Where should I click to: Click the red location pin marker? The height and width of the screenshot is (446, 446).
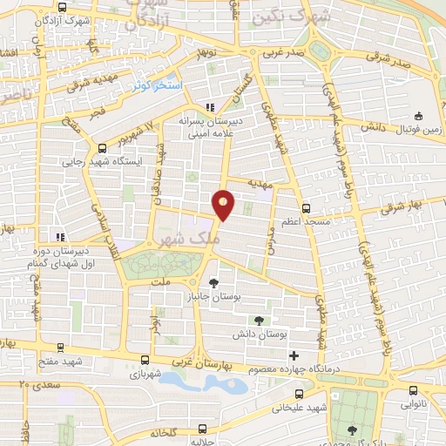pyautogui.click(x=225, y=205)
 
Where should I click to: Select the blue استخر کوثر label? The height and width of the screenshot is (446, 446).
pyautogui.click(x=158, y=87)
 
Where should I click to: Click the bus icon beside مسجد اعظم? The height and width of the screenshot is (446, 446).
pyautogui.click(x=305, y=208)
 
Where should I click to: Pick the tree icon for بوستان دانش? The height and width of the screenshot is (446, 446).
pyautogui.click(x=256, y=321)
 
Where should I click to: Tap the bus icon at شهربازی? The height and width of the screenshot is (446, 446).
pyautogui.click(x=145, y=360)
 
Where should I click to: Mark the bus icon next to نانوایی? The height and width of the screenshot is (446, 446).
pyautogui.click(x=410, y=392)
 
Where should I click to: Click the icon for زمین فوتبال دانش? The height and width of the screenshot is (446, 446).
pyautogui.click(x=418, y=115)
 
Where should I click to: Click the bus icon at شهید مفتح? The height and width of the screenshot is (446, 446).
pyautogui.click(x=59, y=348)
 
